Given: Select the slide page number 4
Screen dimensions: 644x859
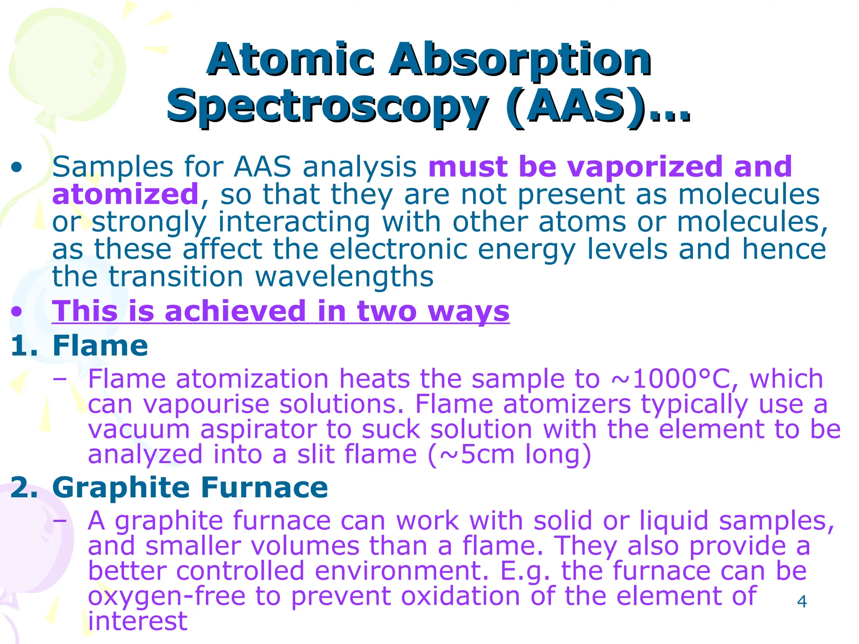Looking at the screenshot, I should [802, 602].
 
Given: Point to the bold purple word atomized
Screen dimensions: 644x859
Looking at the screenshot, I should [125, 194].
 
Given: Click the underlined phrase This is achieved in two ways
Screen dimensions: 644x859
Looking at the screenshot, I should [280, 312].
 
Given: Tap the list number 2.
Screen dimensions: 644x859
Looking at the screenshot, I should [23, 488].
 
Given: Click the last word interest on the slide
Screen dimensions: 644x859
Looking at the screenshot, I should [137, 621].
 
